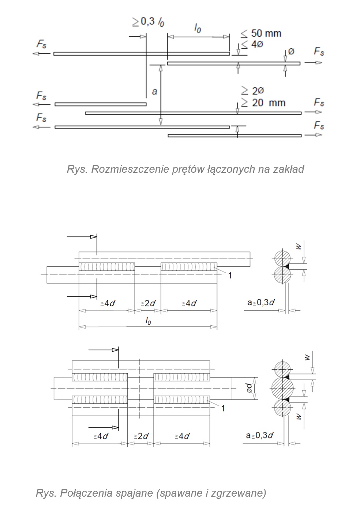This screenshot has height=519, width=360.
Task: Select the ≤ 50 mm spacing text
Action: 261,33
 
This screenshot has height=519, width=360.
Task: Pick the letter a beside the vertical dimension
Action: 154,91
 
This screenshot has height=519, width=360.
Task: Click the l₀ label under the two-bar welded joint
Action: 148,321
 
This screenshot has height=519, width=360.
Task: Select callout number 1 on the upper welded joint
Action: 230,275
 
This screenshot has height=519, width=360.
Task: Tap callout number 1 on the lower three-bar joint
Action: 223,408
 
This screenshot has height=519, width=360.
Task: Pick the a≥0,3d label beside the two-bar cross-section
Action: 261,303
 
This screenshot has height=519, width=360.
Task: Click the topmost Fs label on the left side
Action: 41,44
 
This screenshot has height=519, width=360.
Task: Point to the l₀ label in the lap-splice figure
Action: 198,29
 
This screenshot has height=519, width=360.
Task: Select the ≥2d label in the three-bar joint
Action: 141,436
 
